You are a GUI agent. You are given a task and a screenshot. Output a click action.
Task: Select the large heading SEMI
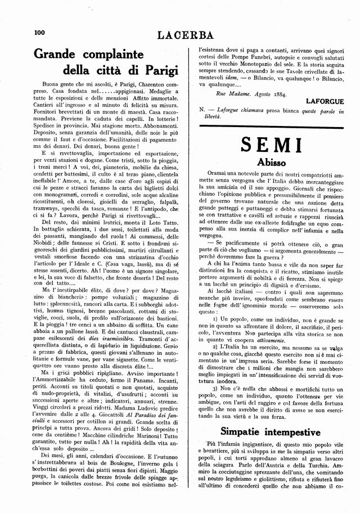coord(272,145)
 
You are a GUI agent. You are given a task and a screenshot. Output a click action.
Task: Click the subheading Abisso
coord(273,163)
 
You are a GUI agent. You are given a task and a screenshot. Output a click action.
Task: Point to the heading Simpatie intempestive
coord(272,432)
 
